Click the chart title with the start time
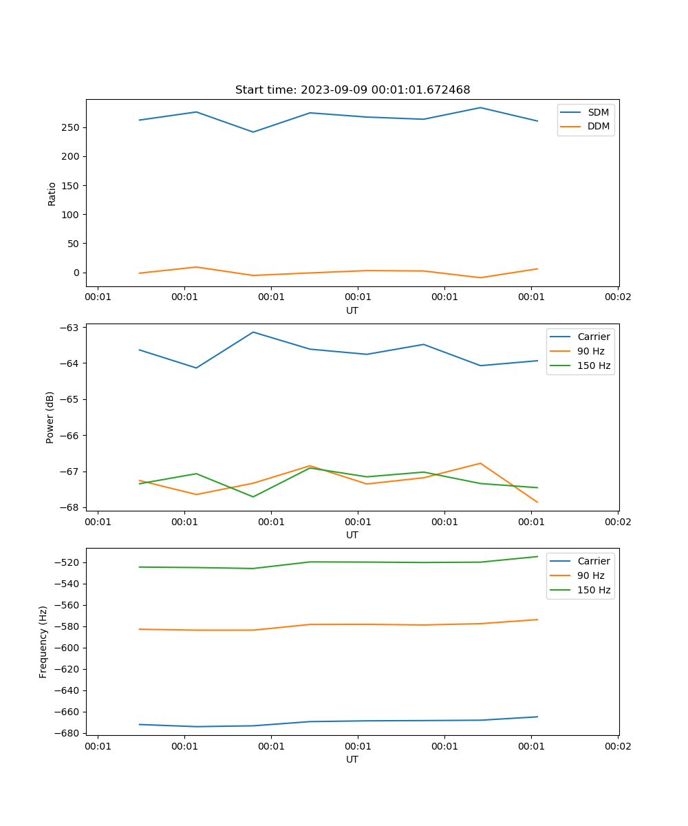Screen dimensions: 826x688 352,90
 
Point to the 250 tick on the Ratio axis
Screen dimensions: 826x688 72,128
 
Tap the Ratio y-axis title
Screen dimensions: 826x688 52,193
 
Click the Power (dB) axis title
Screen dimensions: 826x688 50,417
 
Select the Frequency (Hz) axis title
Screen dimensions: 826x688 43,642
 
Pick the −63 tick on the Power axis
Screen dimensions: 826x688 71,328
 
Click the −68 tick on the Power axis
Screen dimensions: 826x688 71,508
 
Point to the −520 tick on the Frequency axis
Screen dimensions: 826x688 69,563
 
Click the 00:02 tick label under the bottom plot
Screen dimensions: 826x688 617,746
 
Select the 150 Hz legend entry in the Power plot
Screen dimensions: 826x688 594,366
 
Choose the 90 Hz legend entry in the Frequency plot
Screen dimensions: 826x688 590,576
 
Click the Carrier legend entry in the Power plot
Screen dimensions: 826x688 593,337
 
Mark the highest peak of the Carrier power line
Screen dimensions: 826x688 253,332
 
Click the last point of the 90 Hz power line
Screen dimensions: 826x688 537,502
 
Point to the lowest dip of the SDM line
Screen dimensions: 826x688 253,132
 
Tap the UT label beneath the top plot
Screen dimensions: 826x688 352,310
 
